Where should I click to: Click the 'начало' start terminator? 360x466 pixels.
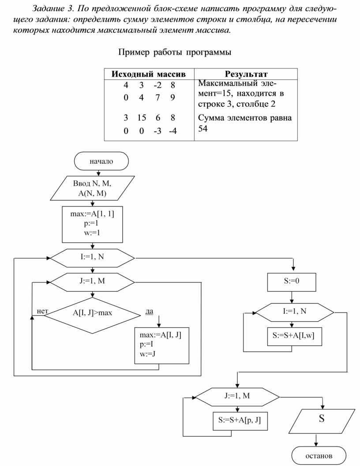[101, 161]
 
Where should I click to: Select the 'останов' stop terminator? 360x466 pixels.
[319, 455]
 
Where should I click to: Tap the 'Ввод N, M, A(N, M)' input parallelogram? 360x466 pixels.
[92, 188]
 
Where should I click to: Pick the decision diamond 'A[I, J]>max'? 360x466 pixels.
[92, 313]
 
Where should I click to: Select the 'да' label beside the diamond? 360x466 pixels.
[149, 312]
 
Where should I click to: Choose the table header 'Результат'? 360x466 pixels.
[246, 74]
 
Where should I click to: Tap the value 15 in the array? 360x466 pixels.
[141, 118]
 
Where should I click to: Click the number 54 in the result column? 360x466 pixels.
[203, 128]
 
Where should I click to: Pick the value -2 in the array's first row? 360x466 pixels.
[157, 84]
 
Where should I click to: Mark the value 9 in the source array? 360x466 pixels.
[172, 98]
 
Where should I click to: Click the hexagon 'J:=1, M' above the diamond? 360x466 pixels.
[92, 281]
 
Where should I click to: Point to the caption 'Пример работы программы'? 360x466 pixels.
[174, 53]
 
